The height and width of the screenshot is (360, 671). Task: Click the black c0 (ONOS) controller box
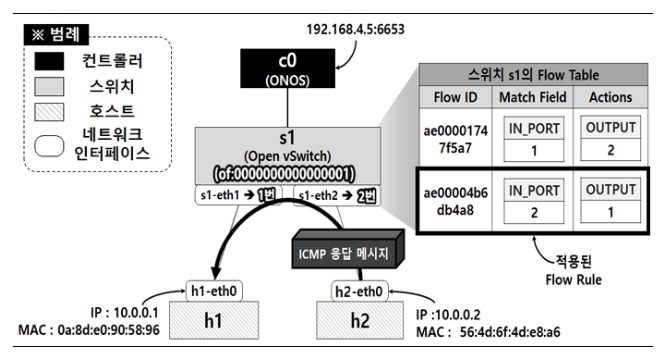click(287, 68)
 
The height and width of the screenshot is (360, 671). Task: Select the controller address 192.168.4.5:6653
click(355, 29)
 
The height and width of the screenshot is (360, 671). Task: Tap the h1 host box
click(214, 320)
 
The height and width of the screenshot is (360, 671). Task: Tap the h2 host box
click(360, 320)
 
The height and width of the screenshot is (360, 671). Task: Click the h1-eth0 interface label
click(214, 291)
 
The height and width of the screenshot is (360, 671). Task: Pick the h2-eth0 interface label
click(359, 292)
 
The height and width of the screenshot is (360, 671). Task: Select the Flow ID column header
click(455, 97)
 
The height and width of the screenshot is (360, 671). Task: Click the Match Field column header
click(533, 97)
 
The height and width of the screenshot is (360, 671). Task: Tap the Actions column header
click(610, 97)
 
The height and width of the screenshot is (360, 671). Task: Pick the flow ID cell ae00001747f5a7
click(455, 139)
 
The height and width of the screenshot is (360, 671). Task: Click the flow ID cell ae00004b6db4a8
click(455, 201)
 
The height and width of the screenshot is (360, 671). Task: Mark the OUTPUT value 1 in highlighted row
click(611, 212)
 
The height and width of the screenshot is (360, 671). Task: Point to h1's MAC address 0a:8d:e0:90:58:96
click(108, 330)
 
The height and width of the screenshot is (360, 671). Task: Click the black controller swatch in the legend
click(49, 61)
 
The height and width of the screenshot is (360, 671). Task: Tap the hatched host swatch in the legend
click(49, 112)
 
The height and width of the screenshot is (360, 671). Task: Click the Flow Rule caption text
click(573, 280)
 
